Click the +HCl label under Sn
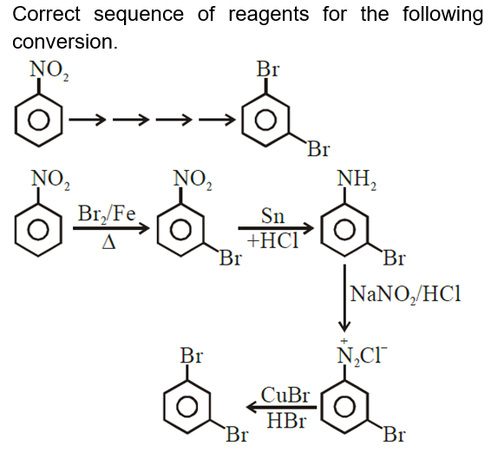[x=272, y=242]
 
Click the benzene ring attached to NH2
[x=342, y=230]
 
